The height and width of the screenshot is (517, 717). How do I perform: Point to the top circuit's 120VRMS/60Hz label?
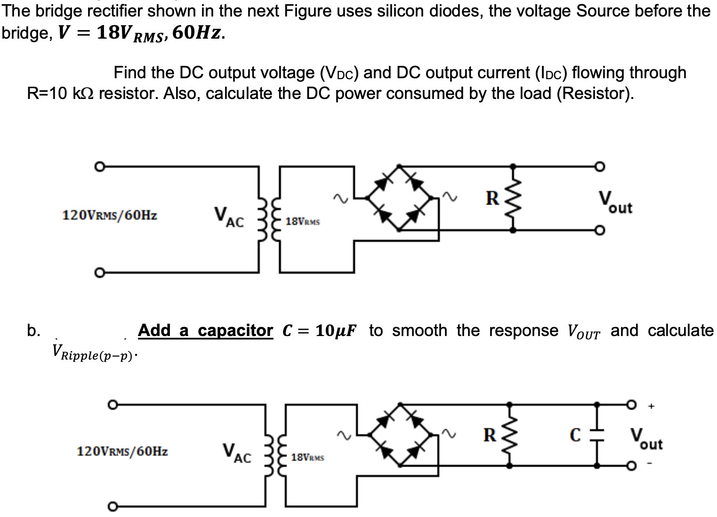coord(110,216)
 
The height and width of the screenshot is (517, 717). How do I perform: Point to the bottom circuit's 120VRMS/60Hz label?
coord(122,451)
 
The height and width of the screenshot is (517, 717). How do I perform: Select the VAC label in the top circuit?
coord(229,217)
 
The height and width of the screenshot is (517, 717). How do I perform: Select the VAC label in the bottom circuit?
coord(236,453)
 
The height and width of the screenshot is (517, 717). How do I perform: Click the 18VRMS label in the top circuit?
coord(303,221)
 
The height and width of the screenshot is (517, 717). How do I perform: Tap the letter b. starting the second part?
coord(33,331)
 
